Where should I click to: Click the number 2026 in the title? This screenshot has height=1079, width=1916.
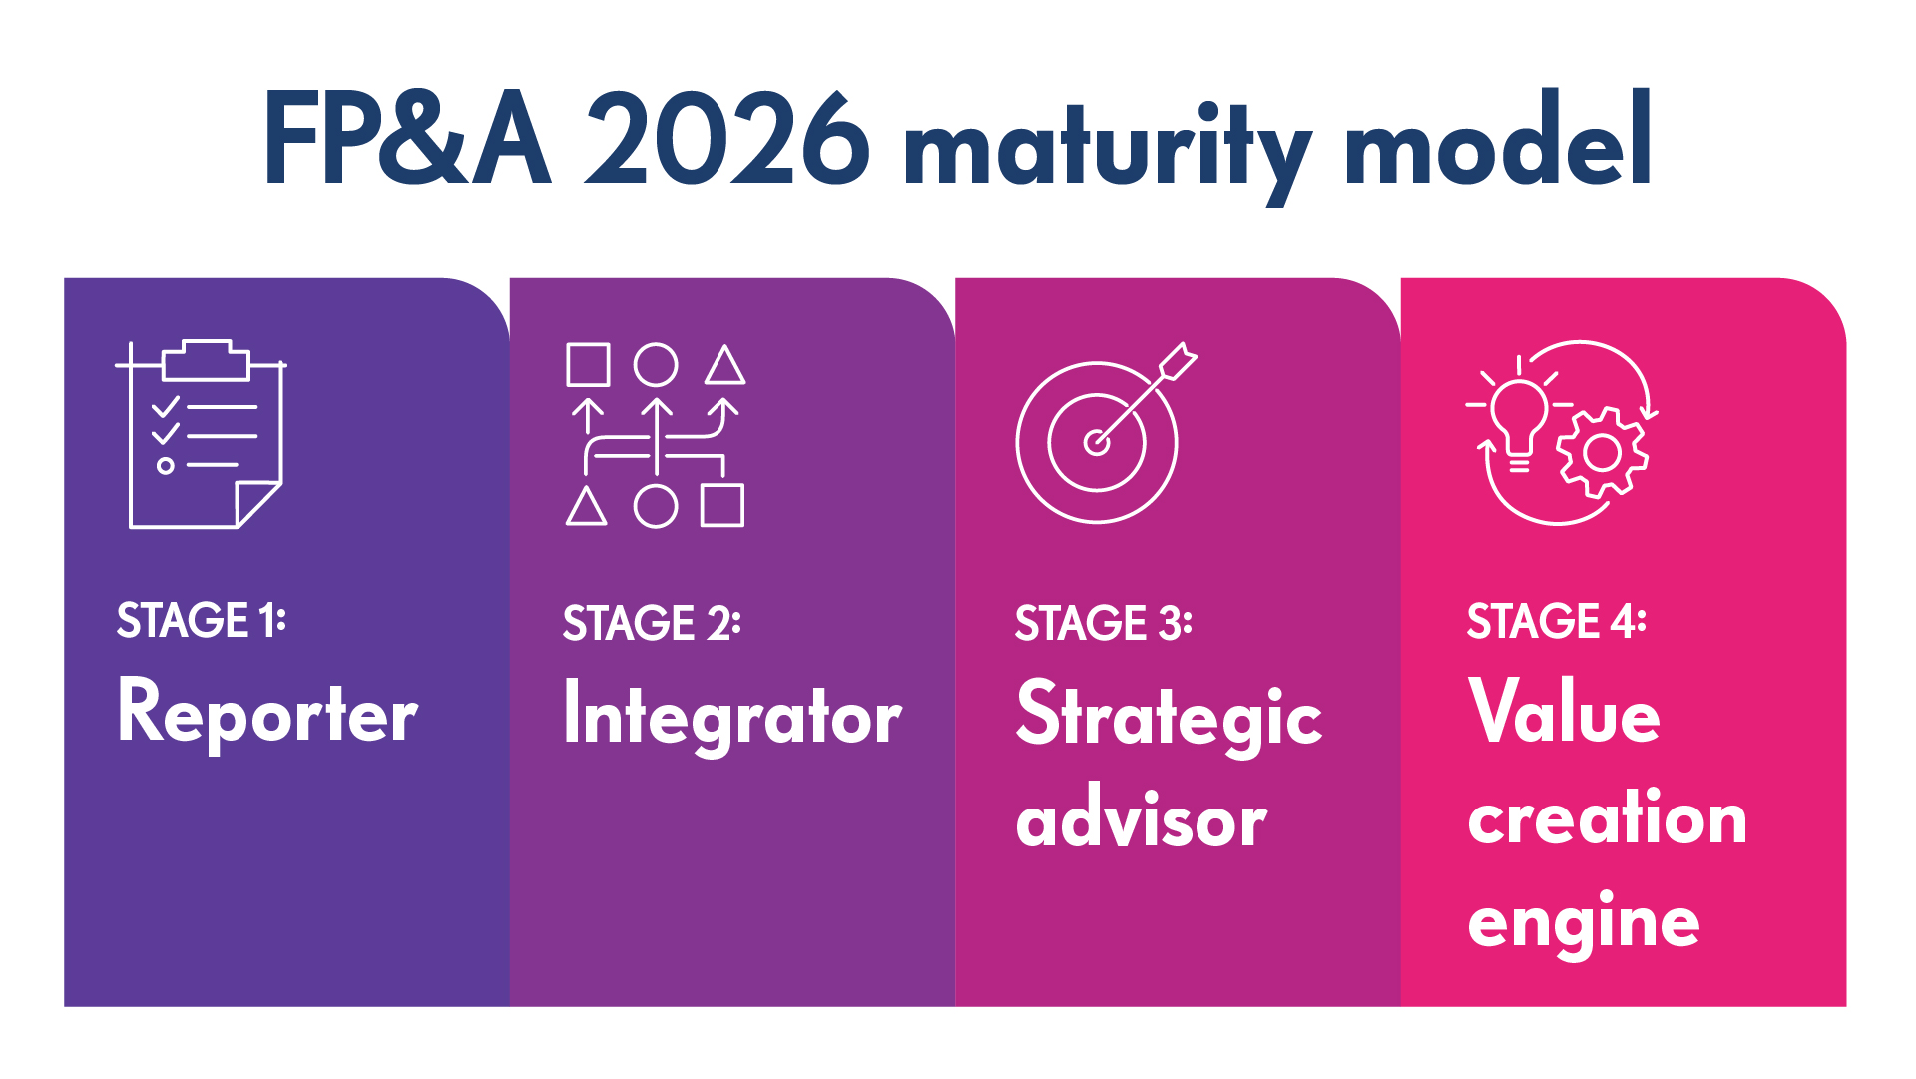726,140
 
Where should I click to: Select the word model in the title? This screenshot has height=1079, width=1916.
1497,140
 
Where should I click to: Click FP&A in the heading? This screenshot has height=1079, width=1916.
407,140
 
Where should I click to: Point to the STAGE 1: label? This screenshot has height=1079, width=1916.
201,620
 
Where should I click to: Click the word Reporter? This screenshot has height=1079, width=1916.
267,712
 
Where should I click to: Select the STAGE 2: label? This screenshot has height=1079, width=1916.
652,623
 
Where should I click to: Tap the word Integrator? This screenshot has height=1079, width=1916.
732,715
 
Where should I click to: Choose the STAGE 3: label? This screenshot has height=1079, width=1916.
1103,623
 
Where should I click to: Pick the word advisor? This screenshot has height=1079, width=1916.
1141,820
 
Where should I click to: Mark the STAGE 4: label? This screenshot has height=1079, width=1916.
1556,620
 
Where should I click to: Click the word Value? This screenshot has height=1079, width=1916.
1564,712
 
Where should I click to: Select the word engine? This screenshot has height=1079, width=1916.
1584,923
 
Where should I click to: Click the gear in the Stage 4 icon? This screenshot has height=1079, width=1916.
1602,454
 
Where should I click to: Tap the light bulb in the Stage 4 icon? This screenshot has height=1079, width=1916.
1518,419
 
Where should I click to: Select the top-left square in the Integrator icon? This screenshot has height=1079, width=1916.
588,365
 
